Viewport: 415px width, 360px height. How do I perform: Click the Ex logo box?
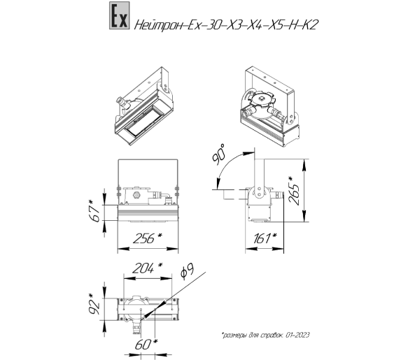[x=120, y=15]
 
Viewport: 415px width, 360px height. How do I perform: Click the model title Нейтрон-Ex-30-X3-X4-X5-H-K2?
[x=226, y=25]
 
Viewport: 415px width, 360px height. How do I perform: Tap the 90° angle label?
[x=219, y=154]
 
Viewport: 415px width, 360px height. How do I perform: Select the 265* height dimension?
[x=295, y=191]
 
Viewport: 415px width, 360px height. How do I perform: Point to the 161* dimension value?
[x=265, y=238]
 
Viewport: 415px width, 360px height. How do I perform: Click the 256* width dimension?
[x=148, y=238]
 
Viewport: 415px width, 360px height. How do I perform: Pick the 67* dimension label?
[x=94, y=211]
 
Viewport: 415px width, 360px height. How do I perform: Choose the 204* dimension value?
[x=148, y=268]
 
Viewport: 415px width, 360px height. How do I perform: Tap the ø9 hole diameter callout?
[x=187, y=272]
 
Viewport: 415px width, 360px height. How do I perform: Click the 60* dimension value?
[x=146, y=345]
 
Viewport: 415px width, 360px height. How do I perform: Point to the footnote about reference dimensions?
[x=265, y=335]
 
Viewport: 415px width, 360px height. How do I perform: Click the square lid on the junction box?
[x=262, y=99]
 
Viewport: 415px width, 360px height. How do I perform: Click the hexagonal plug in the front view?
[x=136, y=195]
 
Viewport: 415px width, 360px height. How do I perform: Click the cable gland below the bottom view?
[x=137, y=326]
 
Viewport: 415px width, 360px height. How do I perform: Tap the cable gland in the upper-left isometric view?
[x=122, y=102]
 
